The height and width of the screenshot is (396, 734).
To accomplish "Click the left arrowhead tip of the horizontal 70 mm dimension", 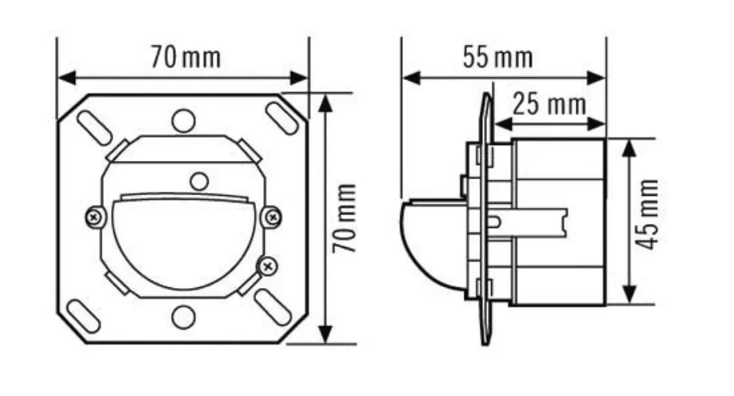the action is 58,78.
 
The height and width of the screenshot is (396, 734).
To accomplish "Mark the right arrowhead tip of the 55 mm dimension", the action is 606,78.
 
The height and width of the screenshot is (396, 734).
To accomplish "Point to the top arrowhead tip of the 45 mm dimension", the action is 630,139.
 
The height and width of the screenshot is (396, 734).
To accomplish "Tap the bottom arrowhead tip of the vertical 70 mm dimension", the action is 325,343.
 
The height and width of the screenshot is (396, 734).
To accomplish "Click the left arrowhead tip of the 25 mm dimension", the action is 494,124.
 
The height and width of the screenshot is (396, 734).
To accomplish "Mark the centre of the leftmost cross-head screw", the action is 94,217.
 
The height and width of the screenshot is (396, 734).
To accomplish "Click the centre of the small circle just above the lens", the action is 199,182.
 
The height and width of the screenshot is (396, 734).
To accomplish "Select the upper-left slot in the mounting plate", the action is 94,128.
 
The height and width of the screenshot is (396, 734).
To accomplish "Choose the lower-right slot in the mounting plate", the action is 272,307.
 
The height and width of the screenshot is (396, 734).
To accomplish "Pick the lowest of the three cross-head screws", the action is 267,266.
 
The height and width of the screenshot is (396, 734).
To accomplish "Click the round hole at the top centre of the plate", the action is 183,121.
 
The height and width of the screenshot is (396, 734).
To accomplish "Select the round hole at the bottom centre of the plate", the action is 183,318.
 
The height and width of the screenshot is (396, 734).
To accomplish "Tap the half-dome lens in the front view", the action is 184,242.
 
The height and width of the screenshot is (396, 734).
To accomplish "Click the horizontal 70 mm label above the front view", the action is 185,57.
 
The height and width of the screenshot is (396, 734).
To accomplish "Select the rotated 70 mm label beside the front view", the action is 344,218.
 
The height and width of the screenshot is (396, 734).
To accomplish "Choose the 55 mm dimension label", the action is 497,57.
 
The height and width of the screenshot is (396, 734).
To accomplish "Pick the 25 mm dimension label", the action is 549,104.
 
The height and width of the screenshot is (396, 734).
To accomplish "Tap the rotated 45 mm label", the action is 648,214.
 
